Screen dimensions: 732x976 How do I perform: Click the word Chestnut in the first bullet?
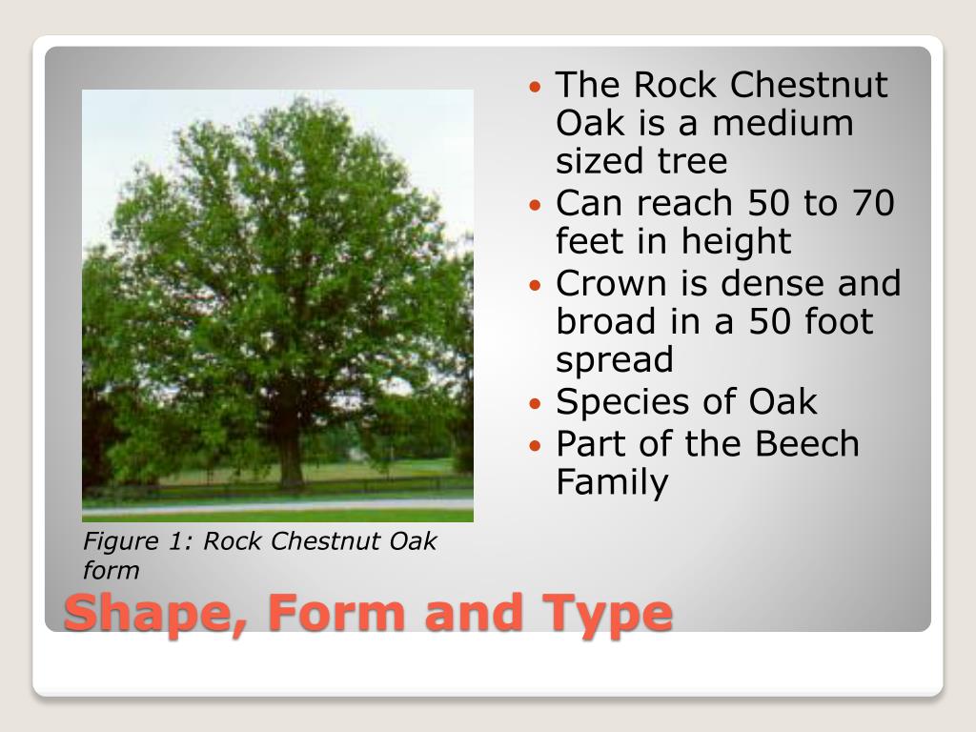click(809, 86)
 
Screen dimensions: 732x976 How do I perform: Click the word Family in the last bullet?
click(612, 483)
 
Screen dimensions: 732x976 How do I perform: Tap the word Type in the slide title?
click(609, 614)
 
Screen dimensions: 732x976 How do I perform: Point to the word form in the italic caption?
click(112, 571)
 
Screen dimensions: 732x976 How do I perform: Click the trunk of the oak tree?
click(289, 457)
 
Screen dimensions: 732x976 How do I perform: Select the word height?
click(735, 242)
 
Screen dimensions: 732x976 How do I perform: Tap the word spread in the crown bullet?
click(615, 361)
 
